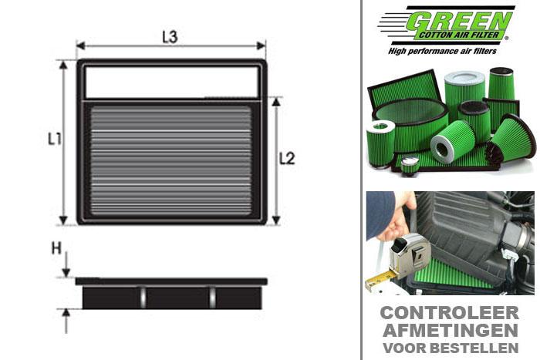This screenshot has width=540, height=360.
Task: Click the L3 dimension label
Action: pos(170,37)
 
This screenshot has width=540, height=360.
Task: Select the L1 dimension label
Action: pos(53,140)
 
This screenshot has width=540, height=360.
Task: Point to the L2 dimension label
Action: pos(287,159)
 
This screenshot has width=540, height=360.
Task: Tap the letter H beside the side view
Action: pos(56,248)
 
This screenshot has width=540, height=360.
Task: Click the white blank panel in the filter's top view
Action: pos(170,80)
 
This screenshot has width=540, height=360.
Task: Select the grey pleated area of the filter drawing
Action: pos(170,161)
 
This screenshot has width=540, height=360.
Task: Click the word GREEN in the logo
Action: pos(461,19)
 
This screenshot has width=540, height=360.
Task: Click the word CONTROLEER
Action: pos(450,312)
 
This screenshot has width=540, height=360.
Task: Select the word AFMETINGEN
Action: pos(450,329)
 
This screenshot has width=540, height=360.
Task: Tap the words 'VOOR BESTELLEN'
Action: pos(450,345)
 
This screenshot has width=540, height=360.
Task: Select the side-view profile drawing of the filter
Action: pos(170,294)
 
